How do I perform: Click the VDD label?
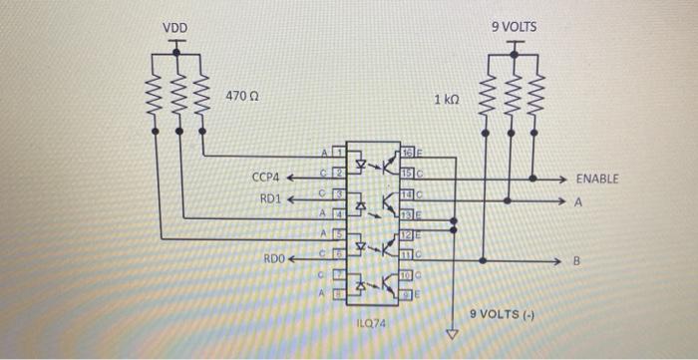(174, 27)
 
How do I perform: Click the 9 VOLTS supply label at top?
(514, 27)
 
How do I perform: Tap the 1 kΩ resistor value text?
(447, 100)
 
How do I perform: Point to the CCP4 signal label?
(266, 178)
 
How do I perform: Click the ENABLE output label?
(597, 179)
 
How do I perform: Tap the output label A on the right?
(576, 200)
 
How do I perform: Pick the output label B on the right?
(575, 261)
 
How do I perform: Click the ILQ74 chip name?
(371, 324)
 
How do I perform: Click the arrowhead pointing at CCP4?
(292, 179)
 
